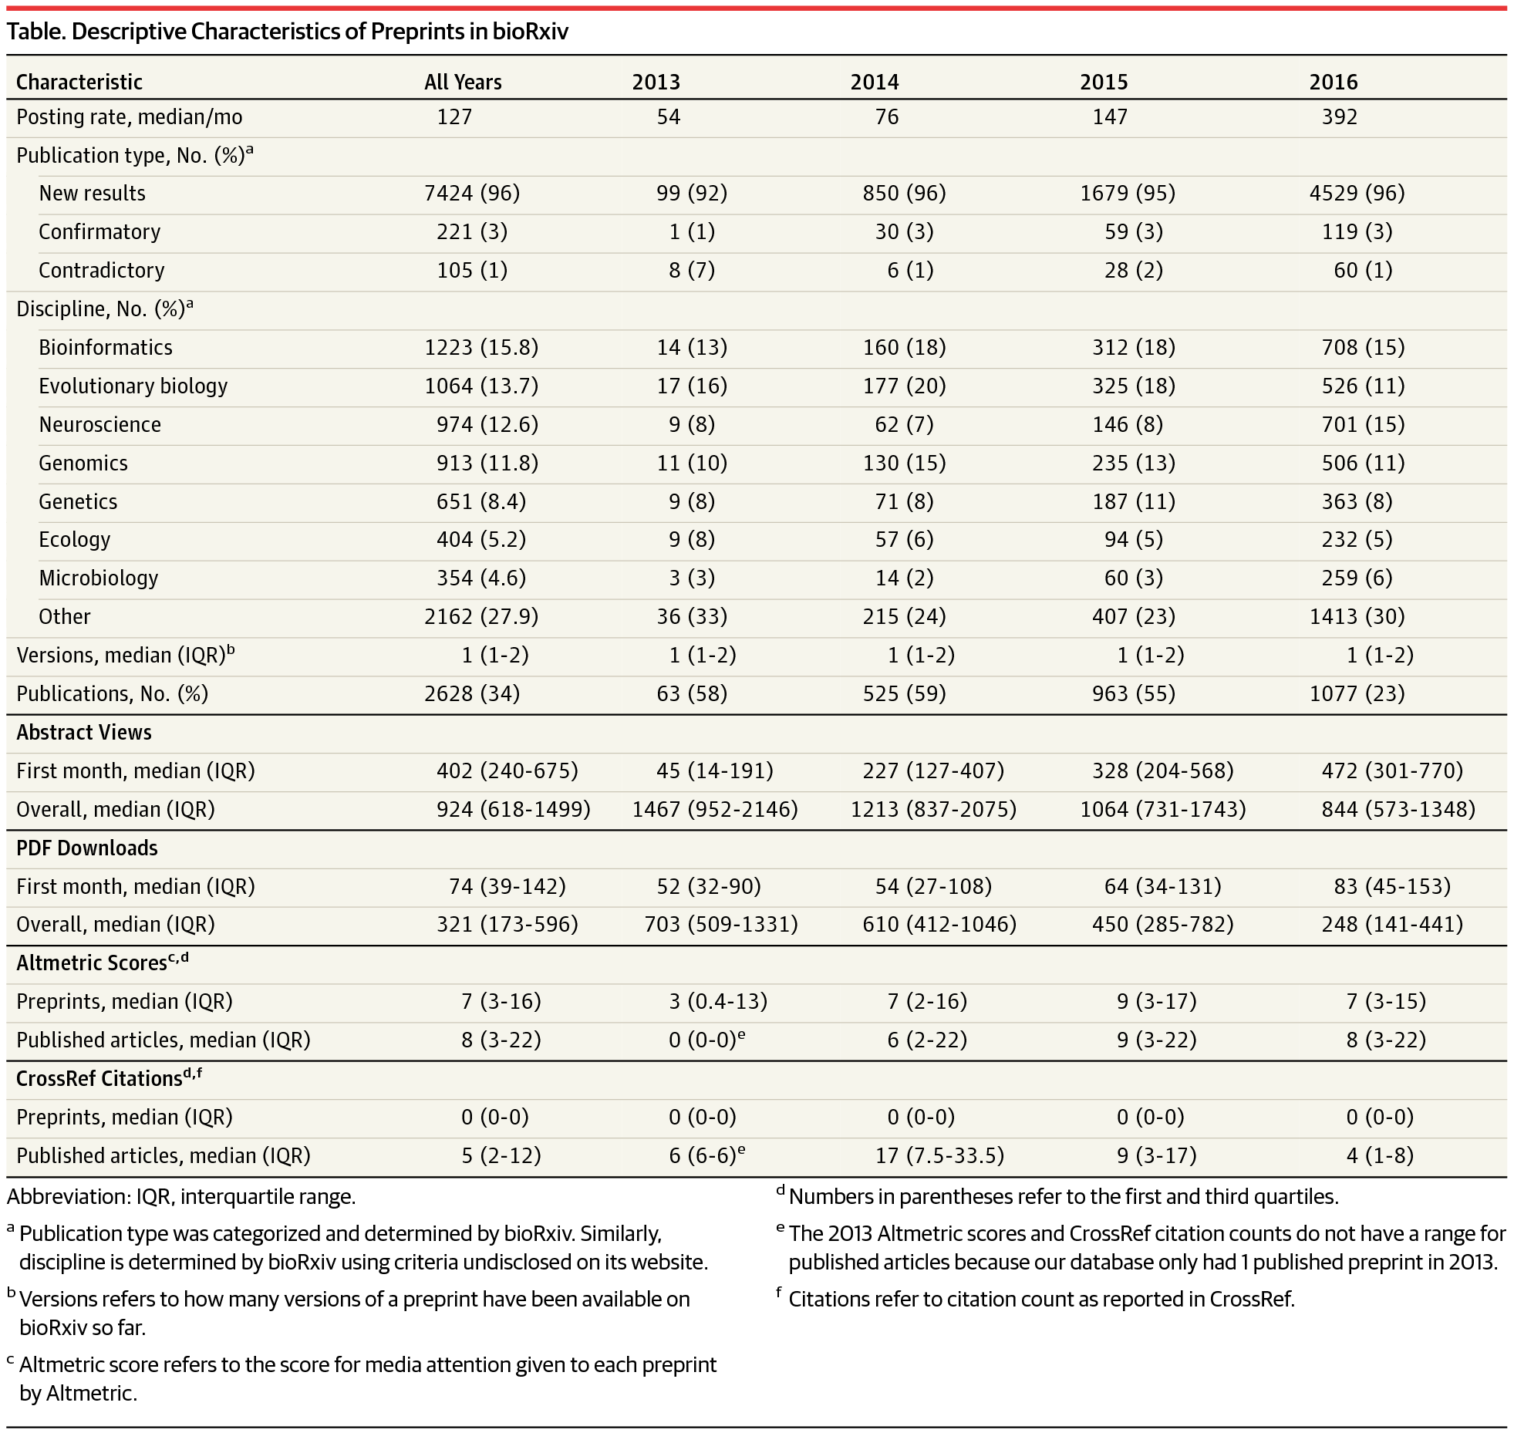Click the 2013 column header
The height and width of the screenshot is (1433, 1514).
[656, 82]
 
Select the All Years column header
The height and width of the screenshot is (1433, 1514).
[463, 82]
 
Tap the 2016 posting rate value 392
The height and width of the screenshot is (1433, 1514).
[1339, 116]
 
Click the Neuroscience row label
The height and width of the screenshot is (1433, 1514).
[99, 424]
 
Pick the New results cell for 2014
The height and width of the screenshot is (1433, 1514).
[904, 193]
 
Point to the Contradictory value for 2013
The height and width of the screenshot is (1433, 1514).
[692, 270]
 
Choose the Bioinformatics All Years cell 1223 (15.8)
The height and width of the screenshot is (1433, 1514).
[481, 347]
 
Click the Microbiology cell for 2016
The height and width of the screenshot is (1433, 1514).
[1357, 578]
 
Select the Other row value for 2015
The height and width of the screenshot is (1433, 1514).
[1128, 616]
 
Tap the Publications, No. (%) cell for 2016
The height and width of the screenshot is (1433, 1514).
[1357, 693]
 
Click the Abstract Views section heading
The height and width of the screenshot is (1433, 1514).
[84, 732]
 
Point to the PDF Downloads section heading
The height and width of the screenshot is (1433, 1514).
[87, 848]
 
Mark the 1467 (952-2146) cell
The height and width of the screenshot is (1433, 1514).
[715, 809]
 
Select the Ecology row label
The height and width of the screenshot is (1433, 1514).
[75, 539]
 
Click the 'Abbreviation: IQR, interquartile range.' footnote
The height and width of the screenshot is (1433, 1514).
[181, 1196]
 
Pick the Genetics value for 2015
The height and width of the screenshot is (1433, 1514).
[1128, 501]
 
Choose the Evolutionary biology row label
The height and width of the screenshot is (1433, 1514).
[133, 386]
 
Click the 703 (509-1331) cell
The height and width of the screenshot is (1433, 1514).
[721, 924]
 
